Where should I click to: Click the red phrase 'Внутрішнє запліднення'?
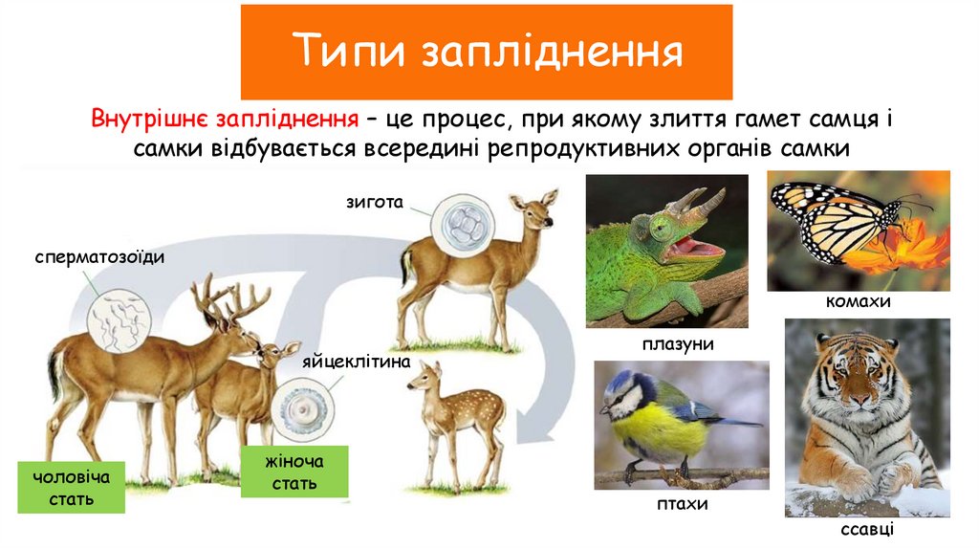click(x=226, y=121)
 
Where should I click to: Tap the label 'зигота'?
click(x=376, y=203)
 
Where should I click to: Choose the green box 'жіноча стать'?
click(x=294, y=472)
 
